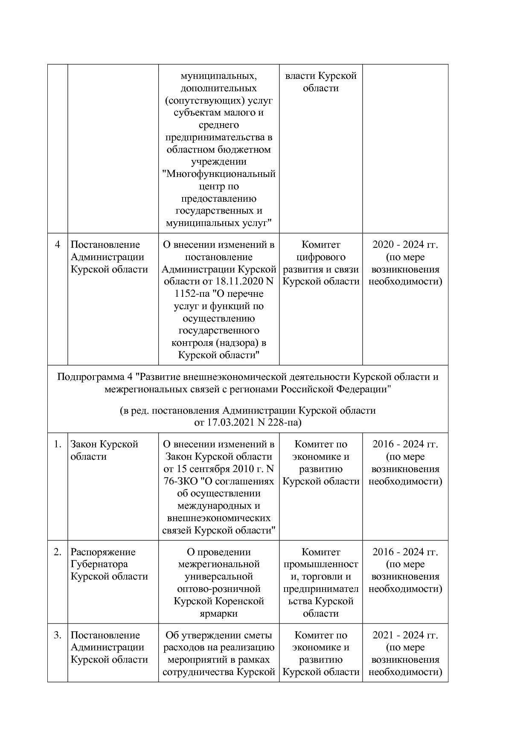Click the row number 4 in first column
pos(57,245)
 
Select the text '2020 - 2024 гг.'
pos(405,245)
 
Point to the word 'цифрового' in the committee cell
pos(321,257)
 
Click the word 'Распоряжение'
pos(103,552)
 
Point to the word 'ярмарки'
pos(218,614)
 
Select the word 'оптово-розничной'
pos(218,589)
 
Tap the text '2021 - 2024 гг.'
pos(405,635)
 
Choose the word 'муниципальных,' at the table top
pos(218,76)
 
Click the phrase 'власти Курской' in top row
pos(320,76)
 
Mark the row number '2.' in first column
pos(57,552)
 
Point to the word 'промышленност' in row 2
pos(321,564)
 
